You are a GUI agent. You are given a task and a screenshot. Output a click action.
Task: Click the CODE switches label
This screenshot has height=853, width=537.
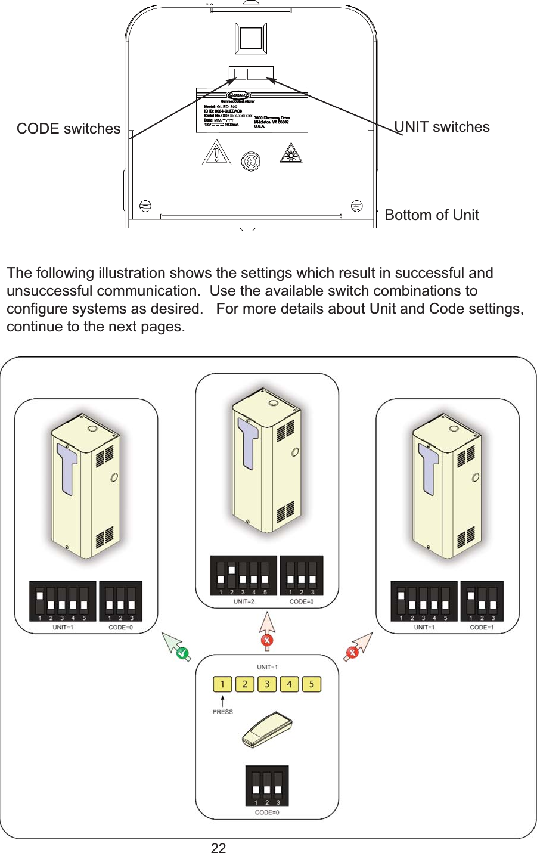click(x=68, y=129)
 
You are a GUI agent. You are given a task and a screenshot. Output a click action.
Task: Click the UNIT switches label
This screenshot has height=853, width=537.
click(x=442, y=127)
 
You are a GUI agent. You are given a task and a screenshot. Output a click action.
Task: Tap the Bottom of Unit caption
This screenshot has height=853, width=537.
click(x=432, y=215)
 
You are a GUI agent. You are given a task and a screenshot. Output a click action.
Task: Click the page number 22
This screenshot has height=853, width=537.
click(x=218, y=848)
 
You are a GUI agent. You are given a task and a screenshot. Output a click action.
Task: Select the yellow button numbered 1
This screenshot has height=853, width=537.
click(x=222, y=684)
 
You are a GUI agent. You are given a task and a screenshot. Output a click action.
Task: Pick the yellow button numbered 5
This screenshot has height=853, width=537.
click(x=311, y=684)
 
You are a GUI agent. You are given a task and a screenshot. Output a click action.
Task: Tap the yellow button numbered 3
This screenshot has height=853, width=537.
click(x=267, y=684)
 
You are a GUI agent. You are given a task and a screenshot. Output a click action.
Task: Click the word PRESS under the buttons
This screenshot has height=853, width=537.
click(x=223, y=712)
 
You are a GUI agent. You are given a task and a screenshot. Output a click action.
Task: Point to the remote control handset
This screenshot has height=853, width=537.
click(x=267, y=730)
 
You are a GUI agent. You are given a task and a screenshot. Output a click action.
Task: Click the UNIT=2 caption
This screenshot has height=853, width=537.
click(x=243, y=601)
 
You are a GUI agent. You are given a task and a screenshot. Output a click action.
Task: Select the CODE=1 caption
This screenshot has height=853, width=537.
click(x=482, y=627)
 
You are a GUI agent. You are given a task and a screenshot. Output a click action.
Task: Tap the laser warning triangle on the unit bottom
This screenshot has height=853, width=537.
click(x=291, y=154)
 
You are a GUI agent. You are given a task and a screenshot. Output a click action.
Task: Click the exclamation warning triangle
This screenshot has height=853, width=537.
click(x=216, y=154)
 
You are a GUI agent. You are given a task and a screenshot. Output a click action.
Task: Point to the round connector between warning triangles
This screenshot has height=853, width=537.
click(x=251, y=161)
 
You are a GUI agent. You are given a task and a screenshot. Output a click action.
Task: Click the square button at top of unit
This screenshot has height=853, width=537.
click(x=251, y=39)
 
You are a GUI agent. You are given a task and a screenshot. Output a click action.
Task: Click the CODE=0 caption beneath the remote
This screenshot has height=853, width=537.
click(x=267, y=812)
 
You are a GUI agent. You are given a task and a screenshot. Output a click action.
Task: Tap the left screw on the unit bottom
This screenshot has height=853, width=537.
click(x=145, y=206)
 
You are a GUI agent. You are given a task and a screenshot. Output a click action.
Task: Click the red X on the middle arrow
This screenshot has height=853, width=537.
click(x=267, y=640)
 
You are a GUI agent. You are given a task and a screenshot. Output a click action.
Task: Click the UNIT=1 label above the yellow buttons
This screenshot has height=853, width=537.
click(x=267, y=667)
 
